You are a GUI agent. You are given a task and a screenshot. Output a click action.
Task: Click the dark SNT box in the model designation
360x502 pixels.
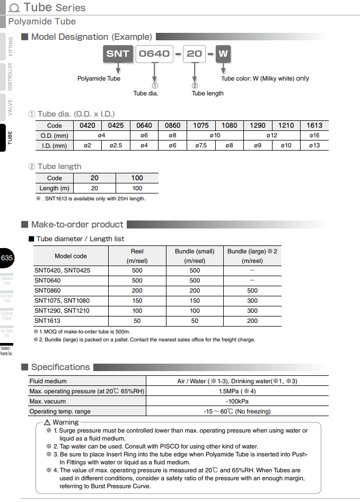coord(118,54)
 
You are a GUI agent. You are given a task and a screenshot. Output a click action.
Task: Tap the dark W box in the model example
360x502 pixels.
coord(223,54)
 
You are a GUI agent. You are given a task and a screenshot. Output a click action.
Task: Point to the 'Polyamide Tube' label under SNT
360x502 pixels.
coord(99,78)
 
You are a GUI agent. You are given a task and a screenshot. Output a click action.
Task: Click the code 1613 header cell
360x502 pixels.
coord(314,126)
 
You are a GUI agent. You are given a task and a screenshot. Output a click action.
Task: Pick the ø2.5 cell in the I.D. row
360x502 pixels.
coord(116,145)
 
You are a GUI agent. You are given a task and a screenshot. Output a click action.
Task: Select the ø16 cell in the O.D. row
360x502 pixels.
coord(314,135)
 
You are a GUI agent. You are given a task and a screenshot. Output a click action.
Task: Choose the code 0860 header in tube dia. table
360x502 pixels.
coord(172,126)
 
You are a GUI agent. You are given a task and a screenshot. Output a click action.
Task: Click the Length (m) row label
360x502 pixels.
coord(55,188)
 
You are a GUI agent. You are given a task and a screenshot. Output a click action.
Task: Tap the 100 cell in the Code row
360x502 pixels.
coord(137,178)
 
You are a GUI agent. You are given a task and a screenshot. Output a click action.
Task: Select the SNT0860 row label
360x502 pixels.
coord(48,290)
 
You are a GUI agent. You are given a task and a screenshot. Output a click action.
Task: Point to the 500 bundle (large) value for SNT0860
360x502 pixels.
coord(252,290)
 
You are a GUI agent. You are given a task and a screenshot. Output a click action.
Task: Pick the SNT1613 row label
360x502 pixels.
coord(48,321)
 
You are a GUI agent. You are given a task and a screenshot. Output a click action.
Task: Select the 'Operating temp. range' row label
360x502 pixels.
coord(60,411)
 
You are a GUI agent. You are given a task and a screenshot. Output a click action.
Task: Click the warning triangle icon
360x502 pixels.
coord(47,422)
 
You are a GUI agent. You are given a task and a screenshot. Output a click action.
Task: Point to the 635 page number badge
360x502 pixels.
coord(7,258)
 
